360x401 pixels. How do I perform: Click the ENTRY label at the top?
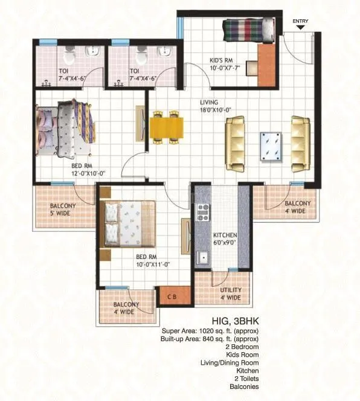coord(300,22)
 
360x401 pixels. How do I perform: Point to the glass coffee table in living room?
coord(269,145)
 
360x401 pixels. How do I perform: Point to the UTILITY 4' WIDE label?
coord(230,294)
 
